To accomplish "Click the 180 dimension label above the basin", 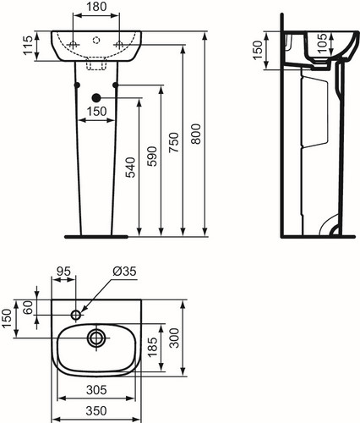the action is [x=96, y=7].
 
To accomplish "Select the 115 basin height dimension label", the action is [x=29, y=46].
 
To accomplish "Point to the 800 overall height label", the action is [x=196, y=134].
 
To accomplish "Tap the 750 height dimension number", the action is [x=174, y=143].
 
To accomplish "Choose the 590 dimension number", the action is [x=152, y=157].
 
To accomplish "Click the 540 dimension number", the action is [x=130, y=168].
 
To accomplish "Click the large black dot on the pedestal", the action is [x=96, y=97].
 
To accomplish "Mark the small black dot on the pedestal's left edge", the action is [x=77, y=85].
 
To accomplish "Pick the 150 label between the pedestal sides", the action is [x=96, y=112].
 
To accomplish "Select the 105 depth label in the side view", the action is [x=322, y=43].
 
